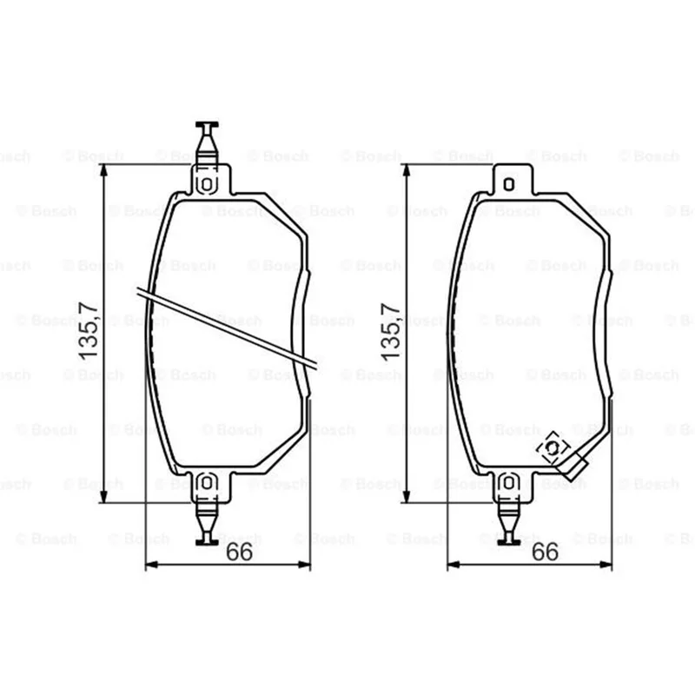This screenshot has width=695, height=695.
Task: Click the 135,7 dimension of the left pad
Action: (88, 330)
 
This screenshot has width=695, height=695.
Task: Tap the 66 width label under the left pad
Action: (239, 552)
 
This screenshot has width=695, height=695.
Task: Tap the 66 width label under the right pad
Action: (545, 552)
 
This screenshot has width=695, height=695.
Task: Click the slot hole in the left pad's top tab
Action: (207, 184)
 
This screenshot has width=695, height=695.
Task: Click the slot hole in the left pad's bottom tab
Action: (207, 483)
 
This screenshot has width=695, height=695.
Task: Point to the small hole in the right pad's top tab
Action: (509, 184)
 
